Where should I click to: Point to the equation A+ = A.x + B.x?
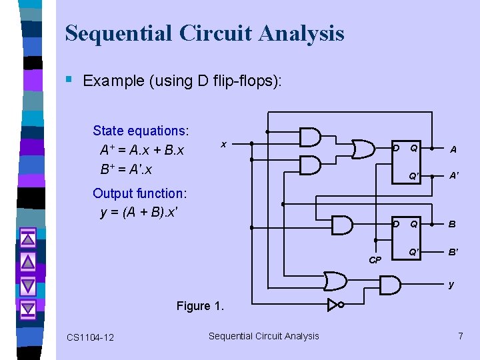click(142, 150)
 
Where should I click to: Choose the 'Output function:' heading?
click(140, 193)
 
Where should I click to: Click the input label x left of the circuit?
click(223, 143)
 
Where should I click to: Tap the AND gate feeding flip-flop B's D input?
click(342, 225)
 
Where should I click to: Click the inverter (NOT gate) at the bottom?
click(334, 305)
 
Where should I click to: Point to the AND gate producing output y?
click(390, 285)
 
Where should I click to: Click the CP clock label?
click(375, 260)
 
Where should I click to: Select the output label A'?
click(453, 176)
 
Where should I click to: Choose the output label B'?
click(453, 252)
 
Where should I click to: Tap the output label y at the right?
click(451, 285)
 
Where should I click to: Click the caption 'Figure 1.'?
click(201, 306)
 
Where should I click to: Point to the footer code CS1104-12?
click(90, 337)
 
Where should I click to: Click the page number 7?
click(460, 336)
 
